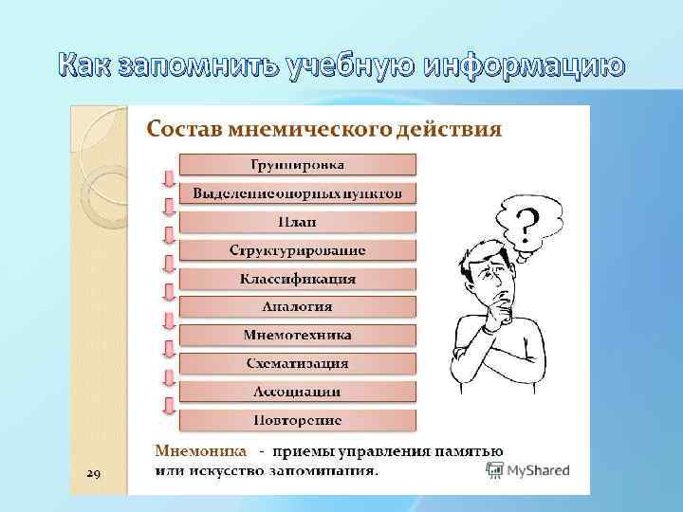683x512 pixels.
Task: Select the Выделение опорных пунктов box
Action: coord(297,193)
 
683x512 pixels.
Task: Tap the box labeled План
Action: coord(297,222)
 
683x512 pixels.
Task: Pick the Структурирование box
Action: coord(297,250)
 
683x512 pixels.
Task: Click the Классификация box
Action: coord(297,279)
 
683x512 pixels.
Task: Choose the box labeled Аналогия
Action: coord(297,306)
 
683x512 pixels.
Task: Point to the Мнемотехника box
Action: coord(297,335)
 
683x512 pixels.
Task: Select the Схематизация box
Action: coord(297,363)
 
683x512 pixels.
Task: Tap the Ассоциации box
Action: coord(297,391)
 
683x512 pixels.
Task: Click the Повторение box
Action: coord(297,419)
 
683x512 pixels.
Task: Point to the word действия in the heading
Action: coord(450,129)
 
